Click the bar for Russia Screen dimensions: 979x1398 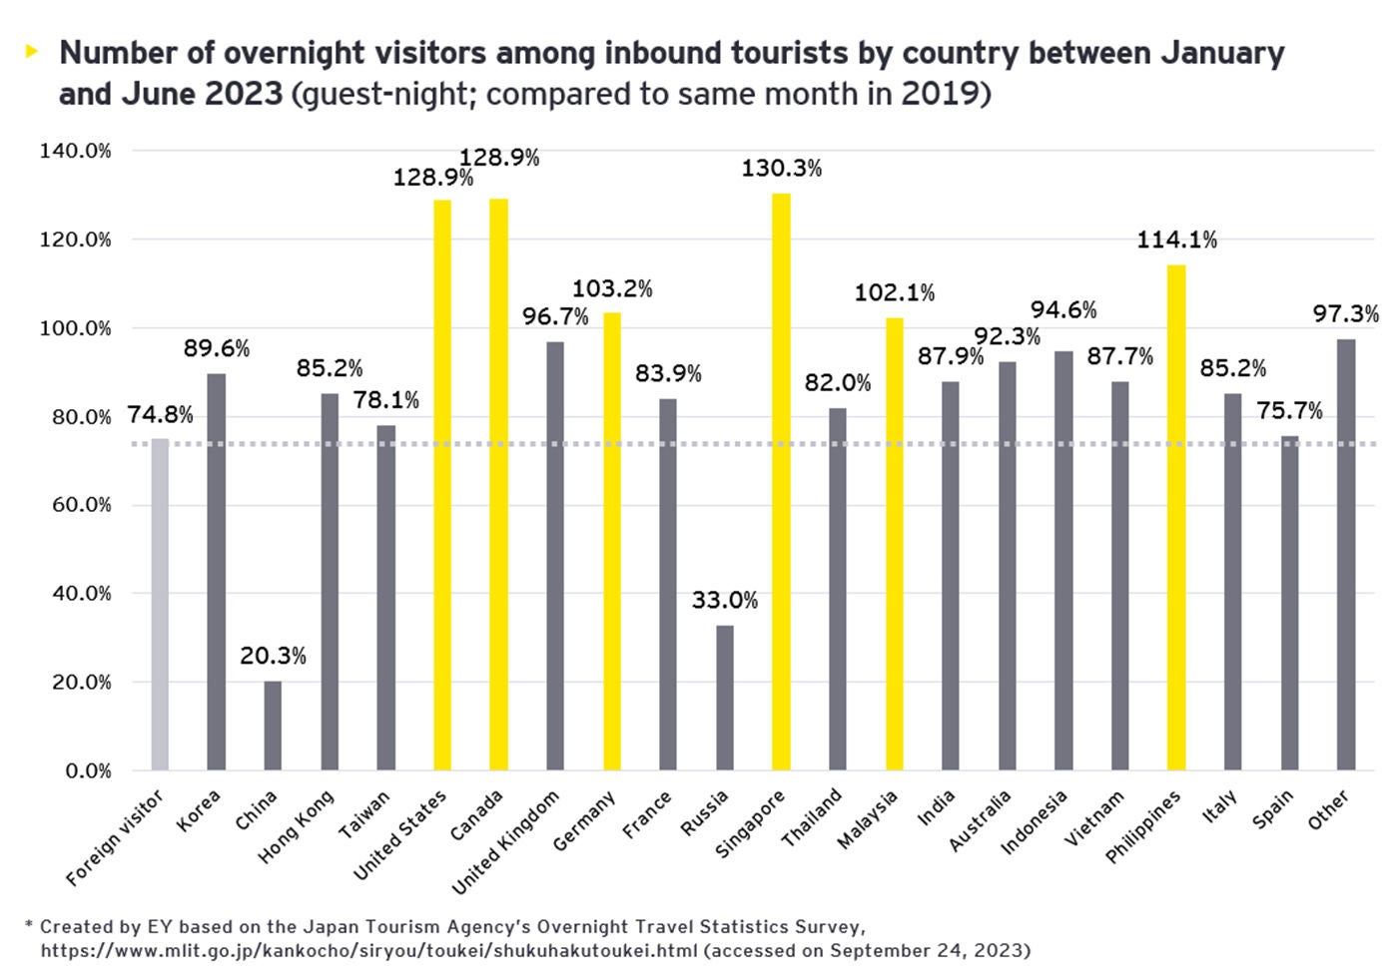725,698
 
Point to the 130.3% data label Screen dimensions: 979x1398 781,169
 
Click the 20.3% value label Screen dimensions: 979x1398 273,656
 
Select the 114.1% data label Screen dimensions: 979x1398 1176,240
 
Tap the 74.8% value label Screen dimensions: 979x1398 160,415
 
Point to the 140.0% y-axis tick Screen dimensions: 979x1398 75,151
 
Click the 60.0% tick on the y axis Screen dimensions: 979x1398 75,505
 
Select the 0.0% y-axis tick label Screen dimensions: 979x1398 88,771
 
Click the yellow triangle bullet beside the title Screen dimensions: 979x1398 32,51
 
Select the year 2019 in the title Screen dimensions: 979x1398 939,94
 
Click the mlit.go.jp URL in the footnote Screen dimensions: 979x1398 369,950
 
